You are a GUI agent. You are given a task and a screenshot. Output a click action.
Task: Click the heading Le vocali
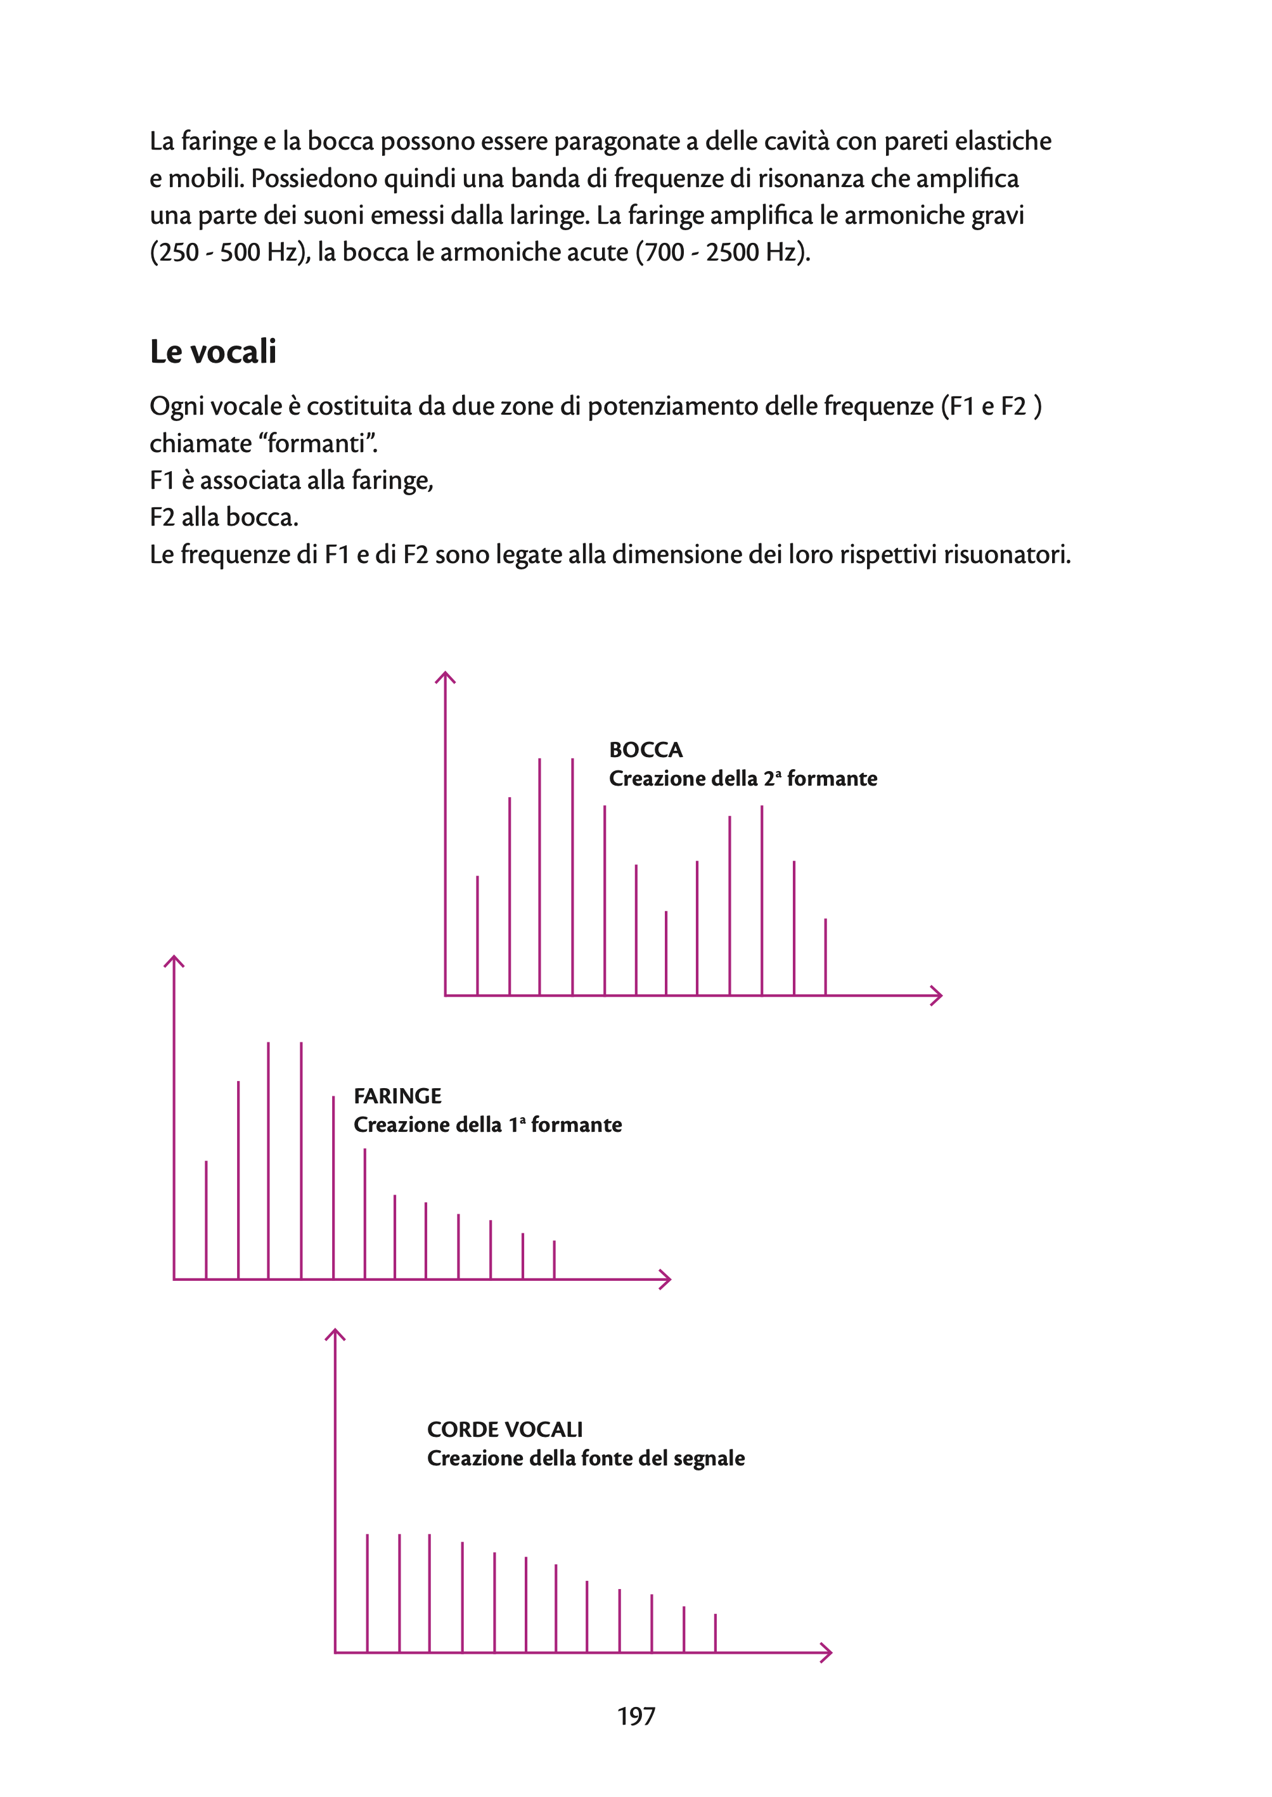tap(213, 352)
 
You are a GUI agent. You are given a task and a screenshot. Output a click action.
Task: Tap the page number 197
tap(636, 1716)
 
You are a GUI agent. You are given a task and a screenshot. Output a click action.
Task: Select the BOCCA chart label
tap(645, 750)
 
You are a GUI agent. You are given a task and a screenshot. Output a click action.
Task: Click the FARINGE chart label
tap(397, 1096)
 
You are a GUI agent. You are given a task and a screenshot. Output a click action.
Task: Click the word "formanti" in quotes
tap(318, 444)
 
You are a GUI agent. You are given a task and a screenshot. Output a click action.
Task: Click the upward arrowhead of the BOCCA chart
tap(445, 677)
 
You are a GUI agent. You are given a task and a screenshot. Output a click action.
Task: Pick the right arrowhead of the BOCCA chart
tap(937, 996)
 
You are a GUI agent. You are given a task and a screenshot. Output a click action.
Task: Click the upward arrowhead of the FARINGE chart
tap(174, 960)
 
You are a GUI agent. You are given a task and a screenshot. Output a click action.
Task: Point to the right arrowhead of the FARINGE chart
tap(665, 1279)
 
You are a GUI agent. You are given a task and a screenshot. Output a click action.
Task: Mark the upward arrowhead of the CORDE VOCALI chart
tap(335, 1333)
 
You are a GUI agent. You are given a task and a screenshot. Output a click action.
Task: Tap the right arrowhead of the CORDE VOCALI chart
tap(826, 1653)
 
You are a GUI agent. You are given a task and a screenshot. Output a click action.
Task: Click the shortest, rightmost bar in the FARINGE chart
tap(554, 1259)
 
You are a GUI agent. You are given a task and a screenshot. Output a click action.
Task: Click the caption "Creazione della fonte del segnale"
tap(585, 1458)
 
